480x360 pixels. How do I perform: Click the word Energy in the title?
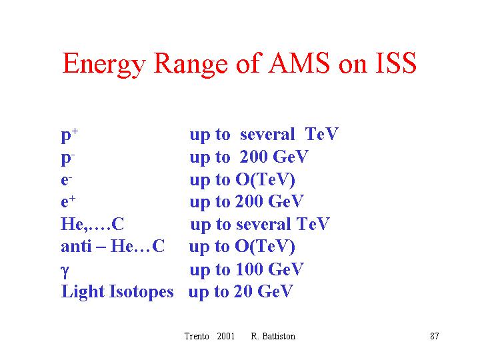tap(104, 65)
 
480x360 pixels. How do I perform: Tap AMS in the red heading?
tap(299, 63)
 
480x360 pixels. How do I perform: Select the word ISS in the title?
tap(396, 63)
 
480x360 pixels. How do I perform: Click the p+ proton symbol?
tap(70, 135)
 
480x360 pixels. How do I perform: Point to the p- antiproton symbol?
tap(68, 158)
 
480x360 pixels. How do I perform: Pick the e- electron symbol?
tap(67, 180)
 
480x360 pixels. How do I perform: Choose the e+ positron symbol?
tap(68, 201)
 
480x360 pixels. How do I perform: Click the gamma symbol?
tap(65, 271)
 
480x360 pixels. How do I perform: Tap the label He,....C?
tap(93, 224)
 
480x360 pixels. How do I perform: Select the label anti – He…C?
tap(113, 246)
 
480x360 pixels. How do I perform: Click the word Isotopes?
tap(141, 292)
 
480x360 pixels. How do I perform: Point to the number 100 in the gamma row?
tap(249, 269)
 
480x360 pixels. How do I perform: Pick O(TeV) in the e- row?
tap(265, 180)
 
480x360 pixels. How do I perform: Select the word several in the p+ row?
tap(267, 135)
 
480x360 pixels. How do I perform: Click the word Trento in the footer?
tap(197, 336)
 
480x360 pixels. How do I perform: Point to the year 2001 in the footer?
tap(225, 336)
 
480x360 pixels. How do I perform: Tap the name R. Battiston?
tap(273, 336)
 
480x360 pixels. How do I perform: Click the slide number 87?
tap(435, 336)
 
